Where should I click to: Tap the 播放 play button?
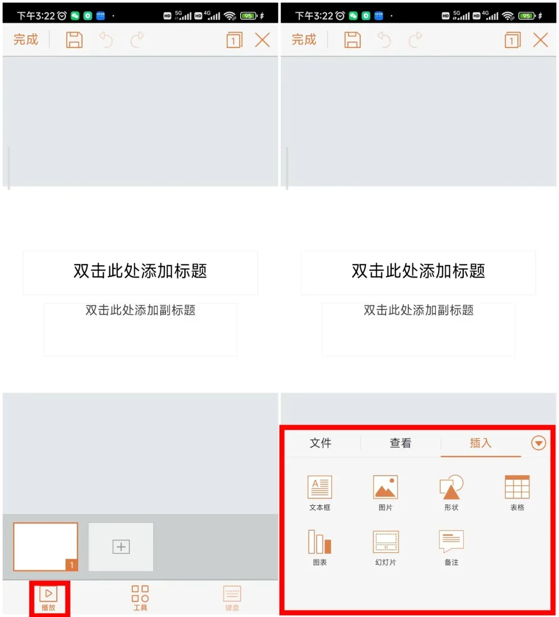[49, 598]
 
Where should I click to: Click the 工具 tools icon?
[140, 598]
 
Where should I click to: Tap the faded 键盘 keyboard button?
[232, 598]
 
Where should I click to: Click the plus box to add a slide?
[121, 547]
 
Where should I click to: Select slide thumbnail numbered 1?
[46, 547]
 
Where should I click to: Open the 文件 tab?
[321, 443]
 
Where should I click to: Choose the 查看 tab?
[401, 443]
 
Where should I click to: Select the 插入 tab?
[481, 443]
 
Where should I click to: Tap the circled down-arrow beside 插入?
[538, 443]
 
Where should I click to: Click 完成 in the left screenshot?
[26, 39]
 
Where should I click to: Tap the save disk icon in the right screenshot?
[352, 40]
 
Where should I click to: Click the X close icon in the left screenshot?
[262, 40]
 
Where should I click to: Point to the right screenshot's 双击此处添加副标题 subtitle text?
[418, 310]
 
